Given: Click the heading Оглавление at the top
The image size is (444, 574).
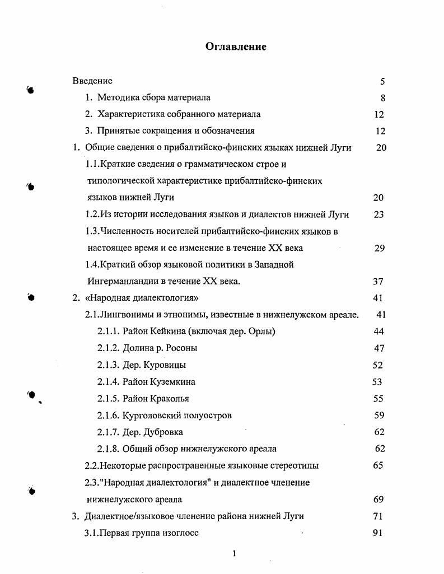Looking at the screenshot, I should pos(235,46).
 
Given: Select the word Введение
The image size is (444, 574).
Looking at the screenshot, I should pos(92,81).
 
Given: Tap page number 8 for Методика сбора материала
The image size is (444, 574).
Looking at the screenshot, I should pos(382,98).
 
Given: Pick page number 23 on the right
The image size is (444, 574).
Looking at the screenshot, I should pos(378,214).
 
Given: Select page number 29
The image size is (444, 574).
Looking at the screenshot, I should pos(379,248).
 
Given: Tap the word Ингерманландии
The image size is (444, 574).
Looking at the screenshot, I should pos(117,281).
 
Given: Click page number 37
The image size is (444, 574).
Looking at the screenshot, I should pos(378,282).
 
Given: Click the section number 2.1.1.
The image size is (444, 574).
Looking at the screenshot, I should pos(108,332).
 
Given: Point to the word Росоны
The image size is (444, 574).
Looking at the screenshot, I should pos(181,348).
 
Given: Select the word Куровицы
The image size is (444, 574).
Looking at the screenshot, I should pos(163,365).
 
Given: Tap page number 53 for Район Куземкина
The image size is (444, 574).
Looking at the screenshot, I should pos(377,382).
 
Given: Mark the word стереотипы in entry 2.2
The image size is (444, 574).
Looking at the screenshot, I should pos(295,465).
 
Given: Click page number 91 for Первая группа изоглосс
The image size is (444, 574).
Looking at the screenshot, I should pos(377,533).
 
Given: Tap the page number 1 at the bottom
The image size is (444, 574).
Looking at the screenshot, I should pos(235,554).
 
